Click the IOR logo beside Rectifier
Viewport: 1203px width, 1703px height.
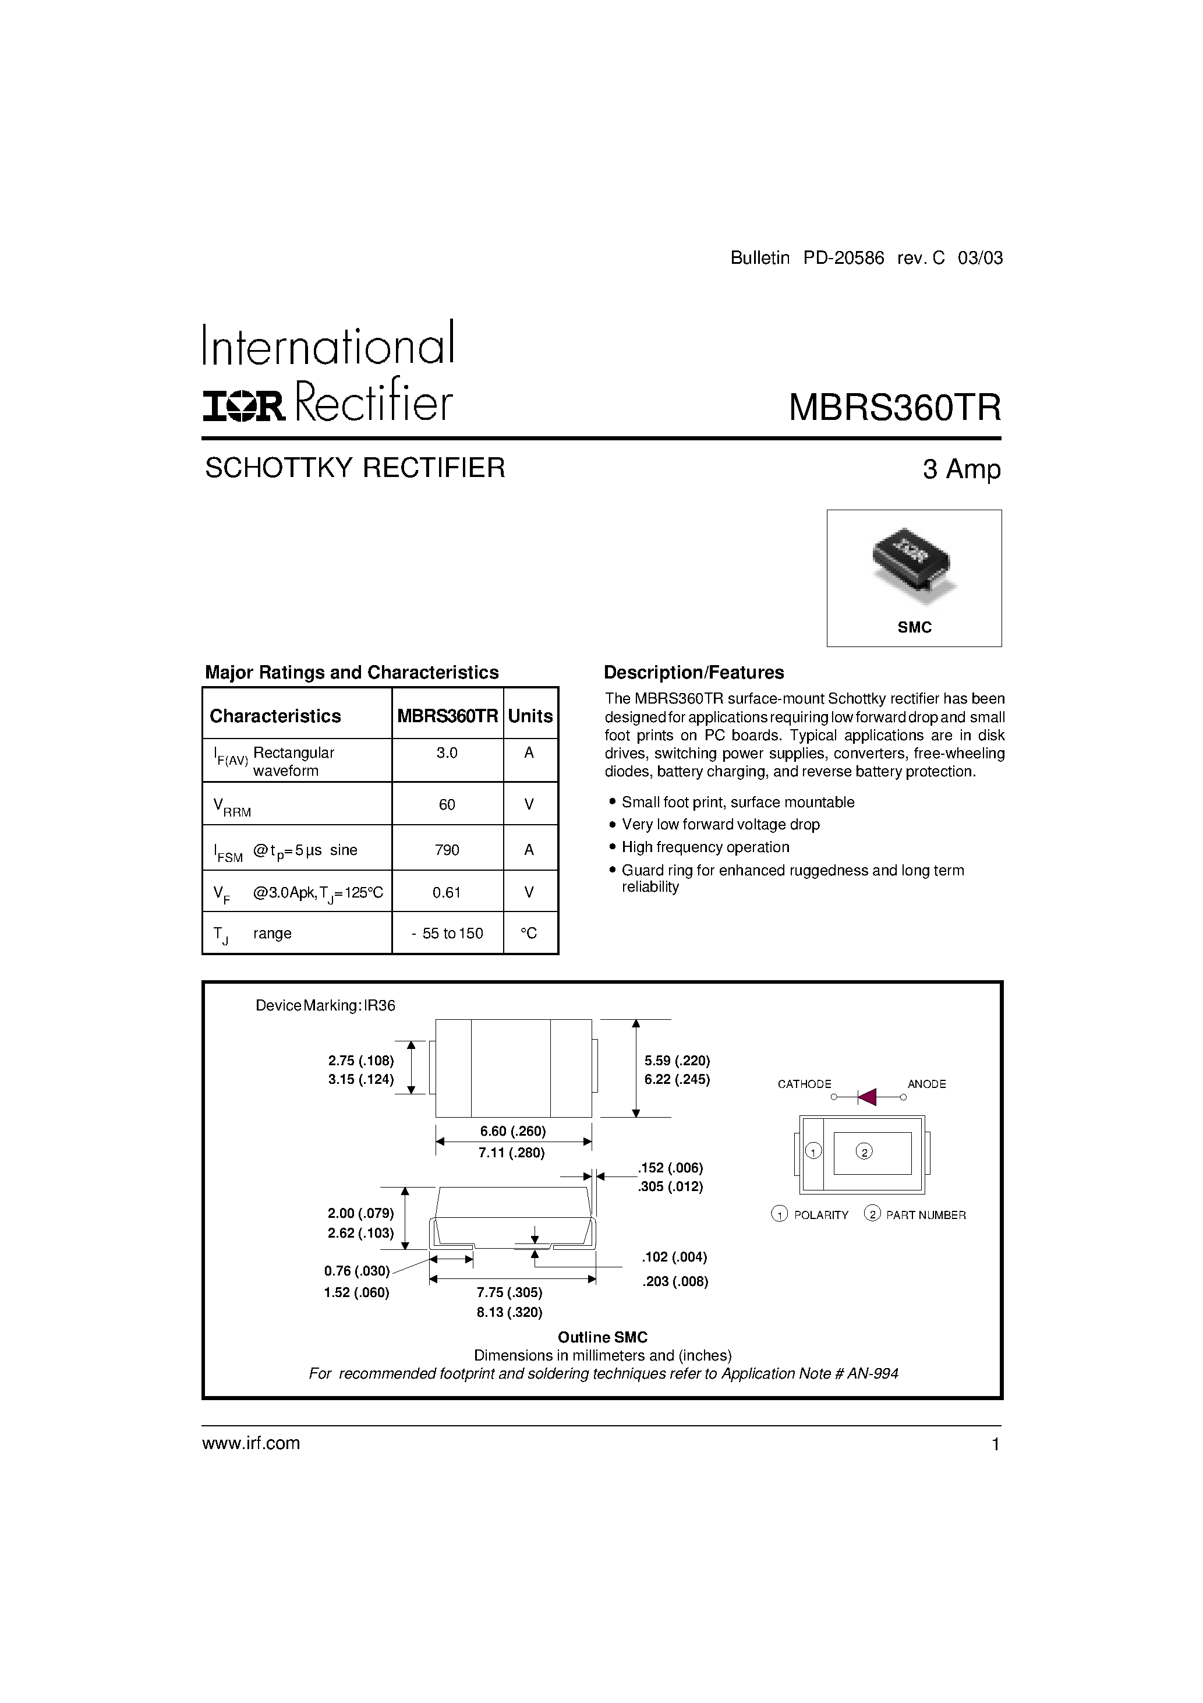click(x=244, y=406)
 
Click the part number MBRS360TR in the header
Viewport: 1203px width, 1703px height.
click(x=894, y=407)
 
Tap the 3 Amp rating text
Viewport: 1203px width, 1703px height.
click(x=961, y=469)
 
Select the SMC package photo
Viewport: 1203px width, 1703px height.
click(x=914, y=564)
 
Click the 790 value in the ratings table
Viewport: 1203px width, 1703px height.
click(x=447, y=849)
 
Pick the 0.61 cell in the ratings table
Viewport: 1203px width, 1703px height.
click(x=447, y=892)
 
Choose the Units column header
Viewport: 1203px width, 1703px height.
click(x=530, y=716)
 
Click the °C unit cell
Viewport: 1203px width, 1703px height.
click(x=529, y=933)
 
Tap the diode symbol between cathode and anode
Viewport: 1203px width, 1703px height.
click(x=867, y=1096)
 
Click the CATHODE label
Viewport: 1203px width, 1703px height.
click(x=804, y=1084)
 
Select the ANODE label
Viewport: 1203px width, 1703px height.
click(x=926, y=1084)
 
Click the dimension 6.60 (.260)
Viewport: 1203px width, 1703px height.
click(x=512, y=1131)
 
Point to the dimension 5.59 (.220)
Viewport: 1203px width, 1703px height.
click(x=677, y=1060)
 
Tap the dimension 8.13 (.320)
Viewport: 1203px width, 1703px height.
click(x=509, y=1312)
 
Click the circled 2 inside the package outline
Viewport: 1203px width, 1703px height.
click(x=864, y=1151)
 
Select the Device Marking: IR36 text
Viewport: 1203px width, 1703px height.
click(x=325, y=1006)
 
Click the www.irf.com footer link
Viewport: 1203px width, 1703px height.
click(x=251, y=1443)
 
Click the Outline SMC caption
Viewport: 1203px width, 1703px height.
click(x=602, y=1337)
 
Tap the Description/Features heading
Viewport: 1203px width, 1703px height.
click(x=694, y=673)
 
